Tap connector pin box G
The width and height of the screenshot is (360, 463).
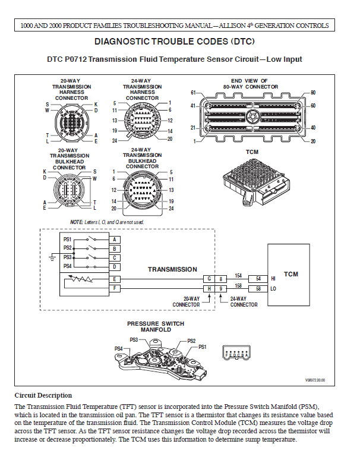[209, 279]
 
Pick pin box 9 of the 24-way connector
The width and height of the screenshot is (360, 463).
[220, 288]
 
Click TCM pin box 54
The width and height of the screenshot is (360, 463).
[258, 279]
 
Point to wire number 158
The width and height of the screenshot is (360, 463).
[238, 285]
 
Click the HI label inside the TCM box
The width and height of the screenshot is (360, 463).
[273, 279]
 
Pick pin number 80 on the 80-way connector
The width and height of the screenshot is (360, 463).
[313, 93]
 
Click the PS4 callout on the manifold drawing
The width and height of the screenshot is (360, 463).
[118, 348]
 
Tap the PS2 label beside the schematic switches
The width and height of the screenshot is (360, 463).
[68, 247]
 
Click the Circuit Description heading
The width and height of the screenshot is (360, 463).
[43, 395]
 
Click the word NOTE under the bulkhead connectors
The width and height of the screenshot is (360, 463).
[77, 221]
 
